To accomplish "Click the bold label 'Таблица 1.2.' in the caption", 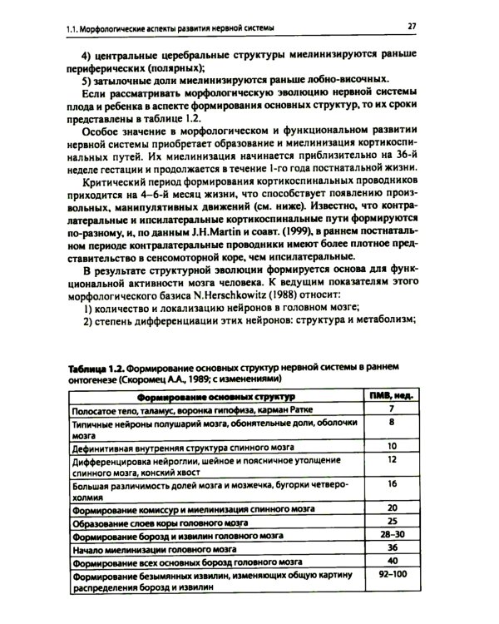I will point(96,368).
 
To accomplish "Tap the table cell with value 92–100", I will point(390,575).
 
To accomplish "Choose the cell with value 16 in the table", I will point(390,483).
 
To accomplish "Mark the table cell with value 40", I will point(390,562).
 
